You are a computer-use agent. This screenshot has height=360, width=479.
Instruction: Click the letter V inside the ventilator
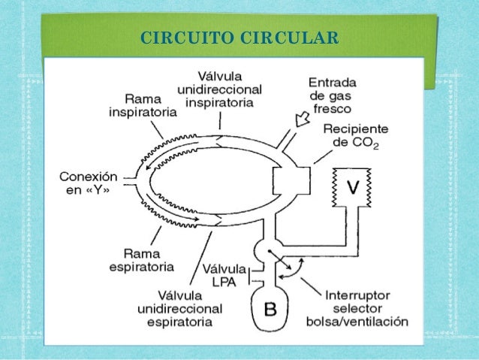tap(350, 186)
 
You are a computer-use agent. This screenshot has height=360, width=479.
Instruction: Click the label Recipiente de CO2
tap(351, 136)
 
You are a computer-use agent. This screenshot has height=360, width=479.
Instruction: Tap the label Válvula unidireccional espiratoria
tap(179, 307)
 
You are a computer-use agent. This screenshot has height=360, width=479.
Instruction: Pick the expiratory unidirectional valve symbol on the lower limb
tap(216, 219)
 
